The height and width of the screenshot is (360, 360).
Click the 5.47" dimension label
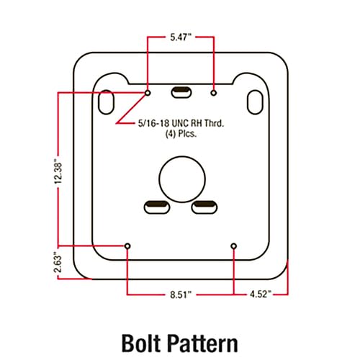coord(181,37)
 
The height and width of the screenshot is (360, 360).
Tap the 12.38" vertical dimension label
coord(58,174)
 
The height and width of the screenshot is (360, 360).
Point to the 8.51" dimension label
coord(181,294)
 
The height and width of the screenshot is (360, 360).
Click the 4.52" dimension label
coord(261,294)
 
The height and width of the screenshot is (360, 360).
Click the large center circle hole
coord(182,179)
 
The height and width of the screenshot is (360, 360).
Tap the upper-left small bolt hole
coord(148,93)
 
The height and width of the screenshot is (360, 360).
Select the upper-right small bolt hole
coord(213,93)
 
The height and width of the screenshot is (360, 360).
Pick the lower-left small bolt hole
coord(127,246)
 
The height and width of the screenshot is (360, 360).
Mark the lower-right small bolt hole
coord(234,246)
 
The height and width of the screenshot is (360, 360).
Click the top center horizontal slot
coord(181,92)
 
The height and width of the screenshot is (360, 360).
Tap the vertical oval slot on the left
coord(106,102)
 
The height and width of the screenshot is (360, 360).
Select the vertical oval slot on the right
coord(255,102)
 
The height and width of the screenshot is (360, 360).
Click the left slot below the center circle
coord(157,207)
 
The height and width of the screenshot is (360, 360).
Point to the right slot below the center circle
coord(204,207)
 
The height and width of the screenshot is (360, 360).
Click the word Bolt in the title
coord(141,343)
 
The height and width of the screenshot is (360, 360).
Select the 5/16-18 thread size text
coord(153,123)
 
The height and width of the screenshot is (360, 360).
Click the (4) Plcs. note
coord(181,134)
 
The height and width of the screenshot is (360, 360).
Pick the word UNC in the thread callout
coord(180,123)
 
